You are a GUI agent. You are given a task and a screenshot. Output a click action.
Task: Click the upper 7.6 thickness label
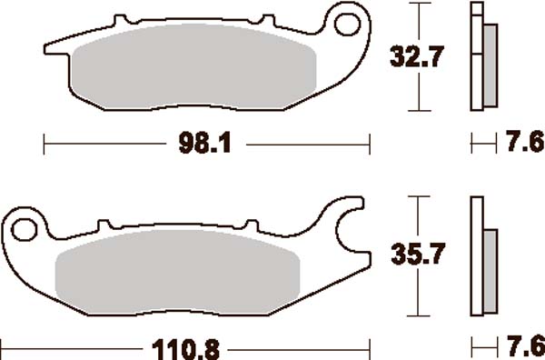click(522, 143)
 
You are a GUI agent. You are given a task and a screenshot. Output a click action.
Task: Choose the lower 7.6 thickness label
click(522, 346)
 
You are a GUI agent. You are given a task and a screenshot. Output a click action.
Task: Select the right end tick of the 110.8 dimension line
click(372, 347)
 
